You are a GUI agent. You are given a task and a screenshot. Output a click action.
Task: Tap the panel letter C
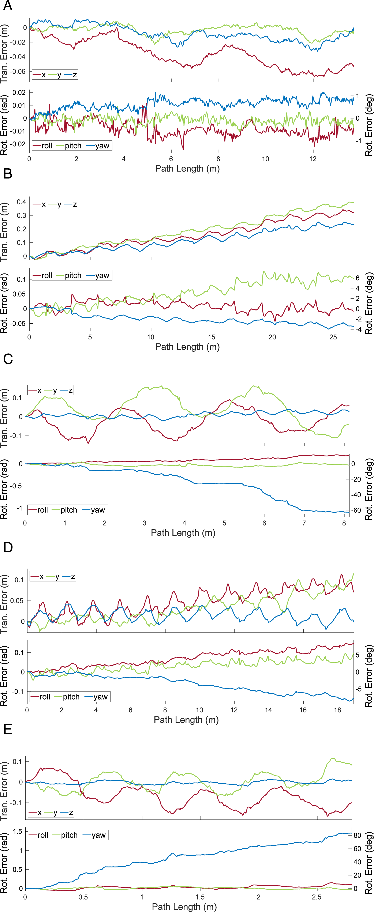8,359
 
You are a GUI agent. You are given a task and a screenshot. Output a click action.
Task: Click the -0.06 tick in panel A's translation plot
18,72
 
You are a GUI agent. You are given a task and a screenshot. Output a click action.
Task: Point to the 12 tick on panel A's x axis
313,159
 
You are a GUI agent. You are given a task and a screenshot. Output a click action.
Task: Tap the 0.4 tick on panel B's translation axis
22,202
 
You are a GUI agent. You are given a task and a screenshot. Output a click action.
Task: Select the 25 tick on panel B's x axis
333,337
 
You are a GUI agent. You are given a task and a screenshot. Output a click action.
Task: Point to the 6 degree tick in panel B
358,278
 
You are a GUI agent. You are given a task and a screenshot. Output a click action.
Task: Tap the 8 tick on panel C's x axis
344,523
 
